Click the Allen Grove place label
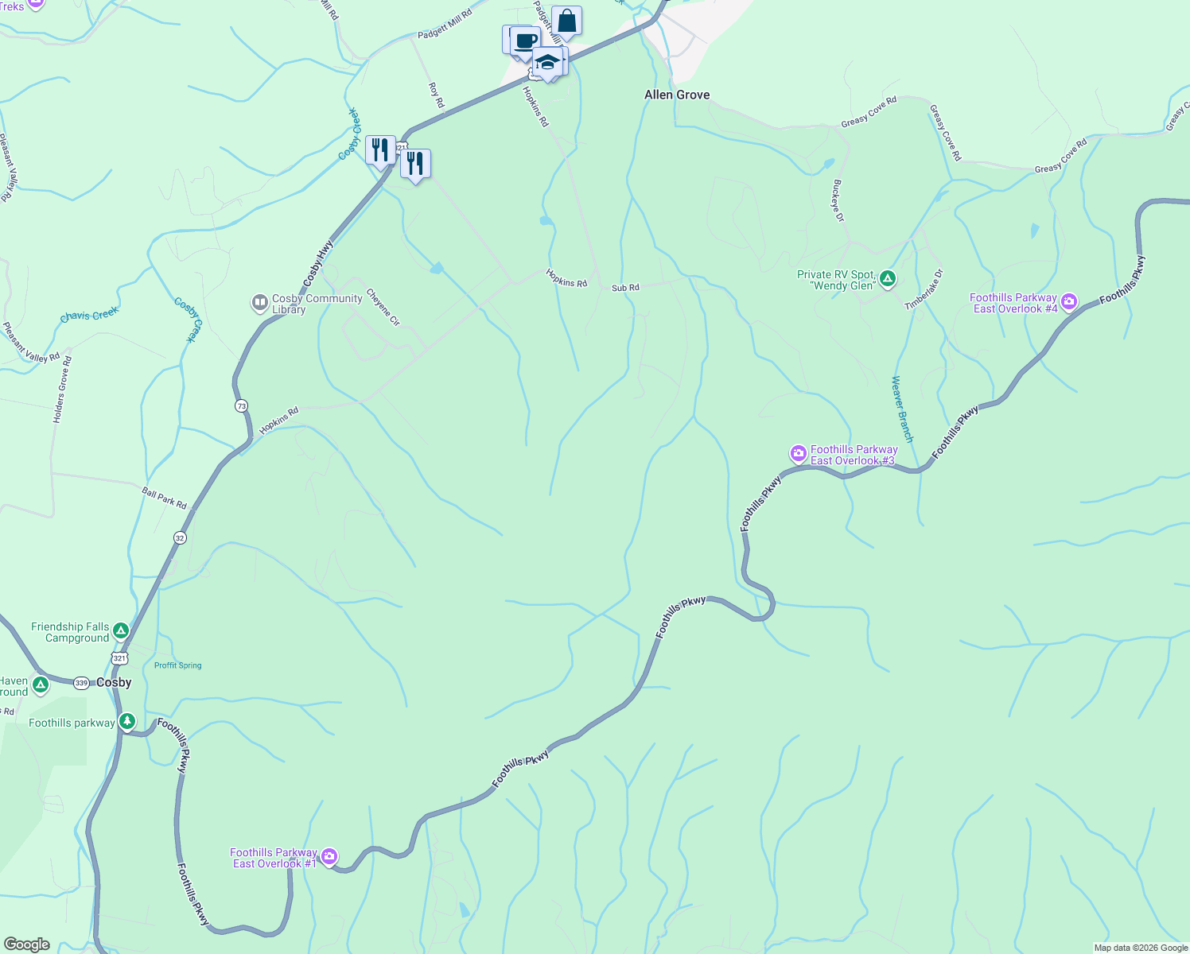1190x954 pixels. (677, 95)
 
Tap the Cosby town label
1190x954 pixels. (114, 682)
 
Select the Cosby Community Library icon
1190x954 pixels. (259, 303)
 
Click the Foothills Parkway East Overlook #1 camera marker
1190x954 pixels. (329, 857)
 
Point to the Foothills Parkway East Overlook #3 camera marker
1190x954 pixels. (798, 453)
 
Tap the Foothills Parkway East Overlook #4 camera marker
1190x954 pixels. (1069, 301)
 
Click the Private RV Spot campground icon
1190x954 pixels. (888, 279)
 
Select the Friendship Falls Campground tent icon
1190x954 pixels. (120, 631)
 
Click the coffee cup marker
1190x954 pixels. (524, 41)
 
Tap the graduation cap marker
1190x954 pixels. (547, 60)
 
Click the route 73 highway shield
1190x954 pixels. (241, 406)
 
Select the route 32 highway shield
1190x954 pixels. (180, 538)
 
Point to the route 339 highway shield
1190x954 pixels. (81, 683)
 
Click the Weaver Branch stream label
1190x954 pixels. (902, 409)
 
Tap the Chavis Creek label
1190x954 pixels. (89, 315)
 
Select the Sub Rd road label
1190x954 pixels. (625, 288)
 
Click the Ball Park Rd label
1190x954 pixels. (164, 498)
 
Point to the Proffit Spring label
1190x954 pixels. (177, 665)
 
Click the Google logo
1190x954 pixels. (26, 944)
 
